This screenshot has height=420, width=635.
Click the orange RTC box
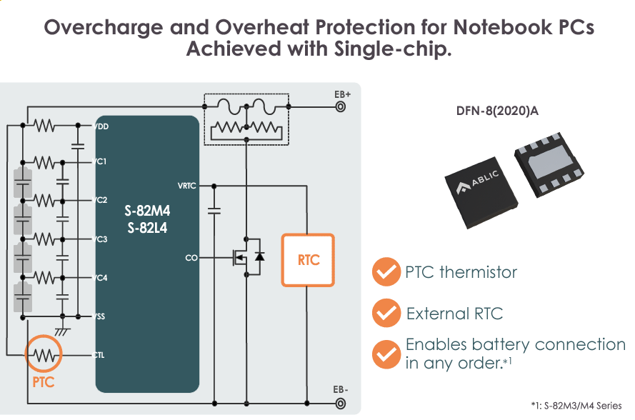[309, 260]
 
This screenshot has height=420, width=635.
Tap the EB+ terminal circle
[341, 107]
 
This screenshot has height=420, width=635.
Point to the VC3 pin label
[101, 239]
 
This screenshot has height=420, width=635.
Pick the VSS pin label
[101, 316]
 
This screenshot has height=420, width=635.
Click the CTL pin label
[101, 354]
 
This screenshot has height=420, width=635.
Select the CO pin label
[191, 258]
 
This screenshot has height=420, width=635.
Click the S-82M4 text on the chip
[147, 212]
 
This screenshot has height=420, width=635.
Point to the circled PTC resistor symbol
[44, 354]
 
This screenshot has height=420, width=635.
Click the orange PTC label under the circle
[44, 382]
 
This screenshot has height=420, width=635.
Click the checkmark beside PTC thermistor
[386, 272]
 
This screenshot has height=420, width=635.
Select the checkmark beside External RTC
[386, 313]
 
